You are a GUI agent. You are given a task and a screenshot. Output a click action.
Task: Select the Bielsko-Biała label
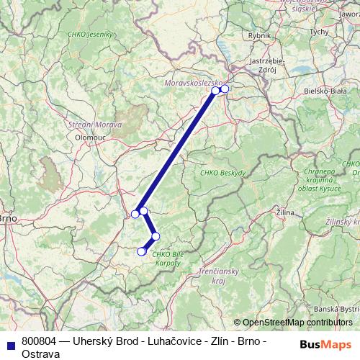pyautogui.click(x=325, y=91)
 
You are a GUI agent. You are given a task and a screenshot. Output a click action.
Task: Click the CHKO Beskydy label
pyautogui.click(x=222, y=173)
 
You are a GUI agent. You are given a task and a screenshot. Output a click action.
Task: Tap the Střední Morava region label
pyautogui.click(x=95, y=125)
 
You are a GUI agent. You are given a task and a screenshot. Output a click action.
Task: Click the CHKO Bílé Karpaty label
pyautogui.click(x=166, y=258)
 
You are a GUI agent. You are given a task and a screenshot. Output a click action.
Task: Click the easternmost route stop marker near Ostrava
pyautogui.click(x=225, y=89)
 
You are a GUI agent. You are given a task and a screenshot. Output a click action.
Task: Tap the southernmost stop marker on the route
pyautogui.click(x=141, y=251)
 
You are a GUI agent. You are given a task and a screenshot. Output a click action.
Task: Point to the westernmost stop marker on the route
pyautogui.click(x=135, y=214)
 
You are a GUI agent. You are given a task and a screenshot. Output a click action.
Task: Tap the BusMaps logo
pyautogui.click(x=323, y=344)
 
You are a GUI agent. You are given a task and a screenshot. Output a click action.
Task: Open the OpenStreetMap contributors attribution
pyautogui.click(x=297, y=323)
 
